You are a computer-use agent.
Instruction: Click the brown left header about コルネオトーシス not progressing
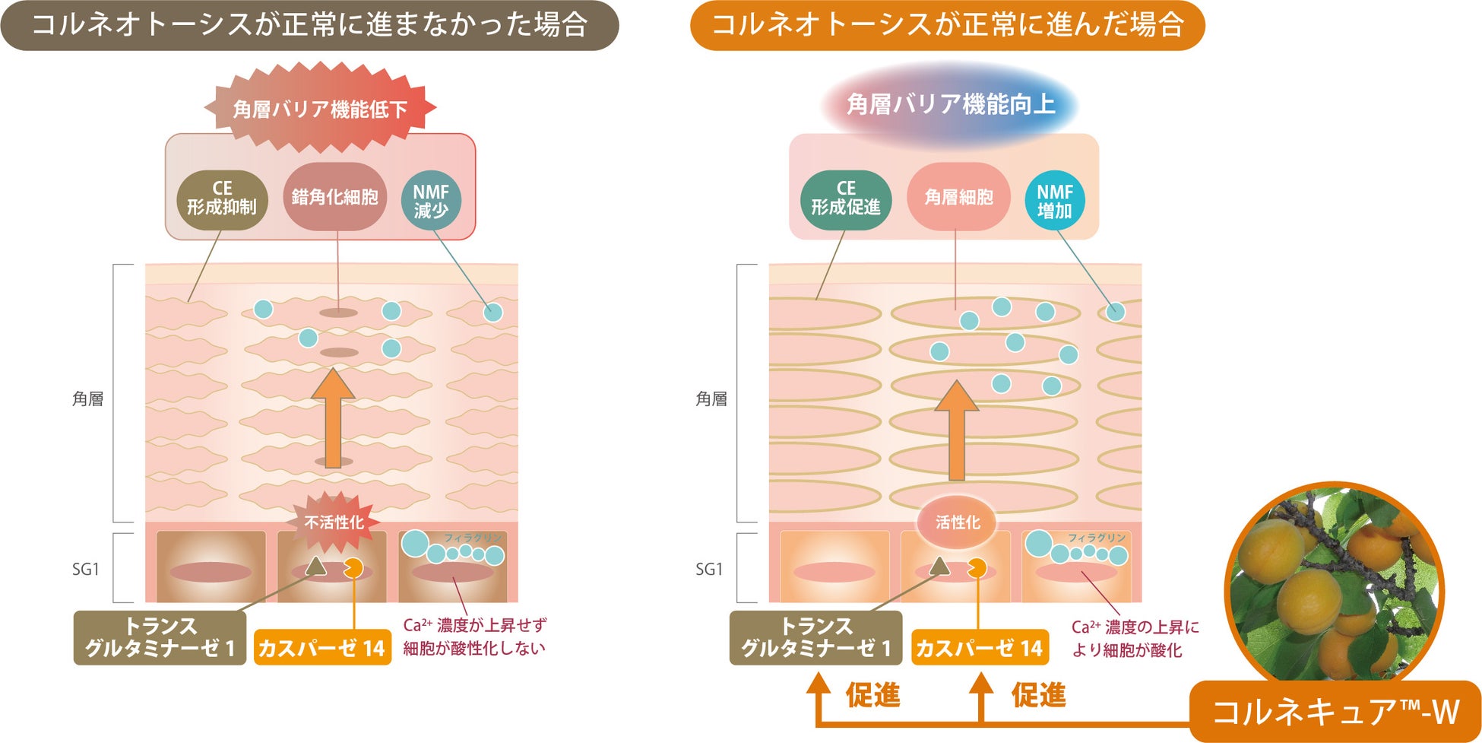click(309, 26)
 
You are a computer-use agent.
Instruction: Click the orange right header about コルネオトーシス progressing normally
click(947, 26)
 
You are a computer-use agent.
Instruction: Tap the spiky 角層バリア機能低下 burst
click(320, 109)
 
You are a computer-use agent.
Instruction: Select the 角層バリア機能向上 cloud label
click(951, 104)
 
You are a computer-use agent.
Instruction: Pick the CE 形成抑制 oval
click(222, 198)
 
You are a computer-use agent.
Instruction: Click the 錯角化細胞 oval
click(334, 197)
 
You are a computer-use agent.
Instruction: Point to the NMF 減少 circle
click(431, 201)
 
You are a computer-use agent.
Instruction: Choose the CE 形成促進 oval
click(845, 198)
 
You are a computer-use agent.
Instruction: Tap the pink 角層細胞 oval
click(958, 197)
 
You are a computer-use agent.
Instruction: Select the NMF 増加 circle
click(1054, 201)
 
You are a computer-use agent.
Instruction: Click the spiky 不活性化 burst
click(334, 522)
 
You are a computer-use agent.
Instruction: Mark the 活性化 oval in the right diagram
click(958, 522)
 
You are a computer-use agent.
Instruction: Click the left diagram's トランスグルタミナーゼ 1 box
click(160, 637)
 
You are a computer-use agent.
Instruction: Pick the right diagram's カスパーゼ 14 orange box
click(979, 648)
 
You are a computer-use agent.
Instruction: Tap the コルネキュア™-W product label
click(1335, 712)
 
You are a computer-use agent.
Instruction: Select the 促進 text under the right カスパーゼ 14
click(1038, 695)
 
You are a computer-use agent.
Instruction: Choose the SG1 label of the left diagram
click(86, 569)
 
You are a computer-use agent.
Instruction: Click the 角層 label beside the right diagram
click(711, 398)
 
